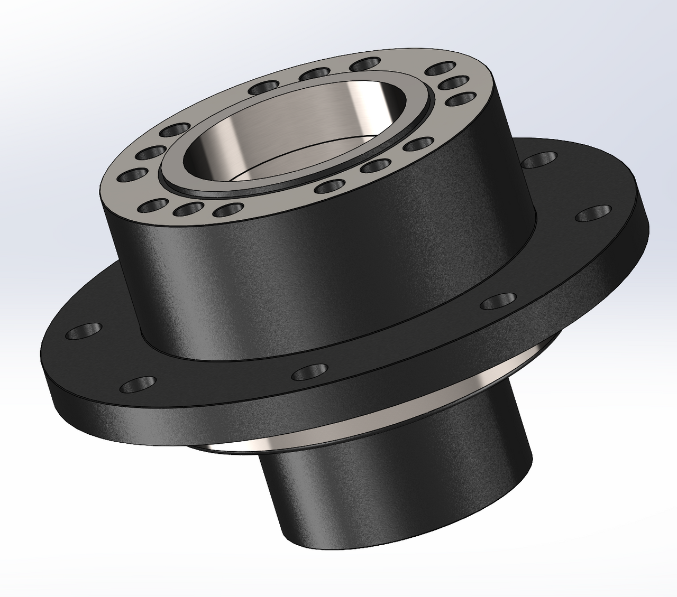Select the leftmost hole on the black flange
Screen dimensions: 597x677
(x=84, y=332)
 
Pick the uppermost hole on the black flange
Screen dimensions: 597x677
(x=539, y=159)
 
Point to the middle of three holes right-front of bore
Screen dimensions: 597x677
(x=376, y=166)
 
